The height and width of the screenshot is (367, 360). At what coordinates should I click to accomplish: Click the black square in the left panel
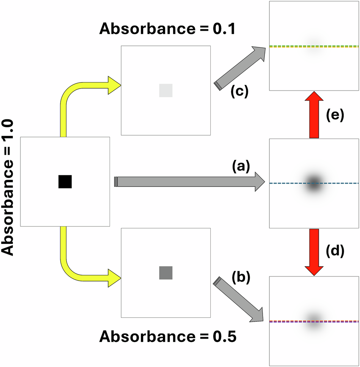click(65, 181)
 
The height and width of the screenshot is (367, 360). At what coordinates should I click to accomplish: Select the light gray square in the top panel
click(166, 90)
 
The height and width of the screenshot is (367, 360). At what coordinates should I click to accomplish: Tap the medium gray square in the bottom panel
click(166, 273)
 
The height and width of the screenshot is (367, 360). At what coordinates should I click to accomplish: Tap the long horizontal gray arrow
click(189, 182)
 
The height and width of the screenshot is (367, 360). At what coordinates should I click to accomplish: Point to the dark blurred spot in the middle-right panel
click(314, 182)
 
